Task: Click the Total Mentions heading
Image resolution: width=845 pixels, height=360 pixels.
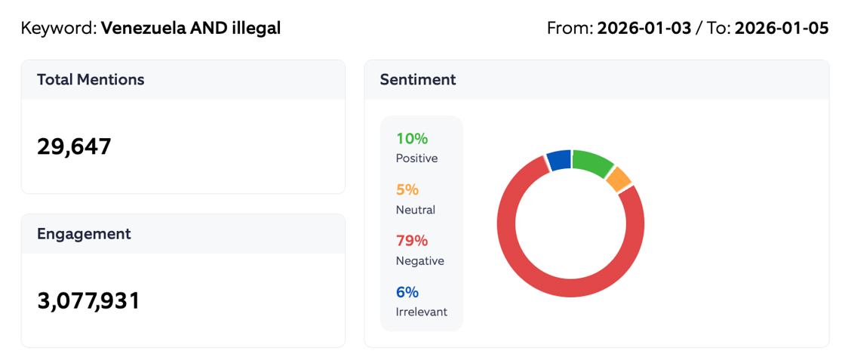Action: [x=91, y=79]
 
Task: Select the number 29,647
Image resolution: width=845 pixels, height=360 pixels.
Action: [x=74, y=146]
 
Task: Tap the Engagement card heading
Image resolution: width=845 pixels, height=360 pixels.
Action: [x=84, y=233]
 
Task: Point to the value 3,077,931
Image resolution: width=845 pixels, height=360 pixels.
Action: [x=88, y=300]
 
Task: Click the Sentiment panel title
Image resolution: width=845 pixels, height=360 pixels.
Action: [x=417, y=79]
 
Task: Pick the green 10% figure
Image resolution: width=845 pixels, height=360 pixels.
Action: [x=411, y=139]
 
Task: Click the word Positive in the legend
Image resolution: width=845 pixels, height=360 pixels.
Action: [x=416, y=158]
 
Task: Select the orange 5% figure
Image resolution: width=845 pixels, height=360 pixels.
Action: [x=407, y=190]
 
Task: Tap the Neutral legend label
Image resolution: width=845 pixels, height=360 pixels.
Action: [x=415, y=210]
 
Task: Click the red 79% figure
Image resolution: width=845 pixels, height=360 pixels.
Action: [x=412, y=241]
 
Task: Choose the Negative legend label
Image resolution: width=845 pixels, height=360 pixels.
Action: [x=419, y=261]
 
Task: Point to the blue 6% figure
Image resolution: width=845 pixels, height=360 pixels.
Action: [x=407, y=292]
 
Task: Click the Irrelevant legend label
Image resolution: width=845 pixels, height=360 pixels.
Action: [x=421, y=312]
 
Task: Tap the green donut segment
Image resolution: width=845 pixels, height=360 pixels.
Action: [x=591, y=163]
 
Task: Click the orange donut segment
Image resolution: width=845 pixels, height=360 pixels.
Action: [x=618, y=179]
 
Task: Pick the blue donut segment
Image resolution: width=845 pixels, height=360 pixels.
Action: [x=559, y=160]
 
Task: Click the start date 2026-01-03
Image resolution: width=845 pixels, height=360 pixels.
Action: [x=644, y=29]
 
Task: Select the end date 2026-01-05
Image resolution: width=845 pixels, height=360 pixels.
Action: [x=782, y=29]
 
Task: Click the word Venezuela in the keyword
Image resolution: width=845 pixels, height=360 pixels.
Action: [x=141, y=29]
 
